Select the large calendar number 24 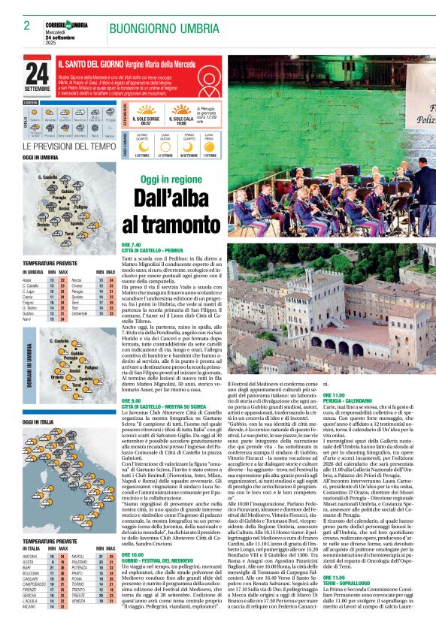point(36,74)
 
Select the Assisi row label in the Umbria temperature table point(27,279)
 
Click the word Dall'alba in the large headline point(171,198)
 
